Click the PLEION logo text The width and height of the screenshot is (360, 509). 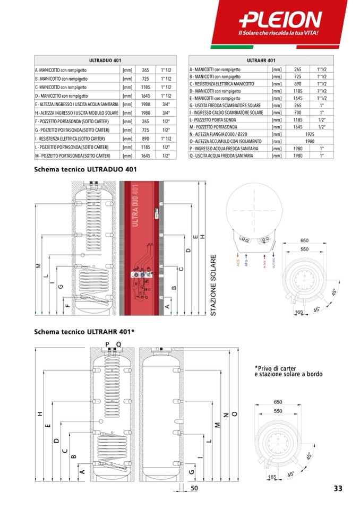coord(281,20)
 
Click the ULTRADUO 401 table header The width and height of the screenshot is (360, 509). coord(105,61)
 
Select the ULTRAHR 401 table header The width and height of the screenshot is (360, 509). coord(261,61)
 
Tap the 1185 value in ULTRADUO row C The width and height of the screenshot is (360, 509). coord(145,87)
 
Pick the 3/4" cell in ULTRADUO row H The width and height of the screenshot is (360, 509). coord(165,113)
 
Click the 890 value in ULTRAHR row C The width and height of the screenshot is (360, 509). coord(297,84)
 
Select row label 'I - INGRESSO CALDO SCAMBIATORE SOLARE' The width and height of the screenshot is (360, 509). coord(227,113)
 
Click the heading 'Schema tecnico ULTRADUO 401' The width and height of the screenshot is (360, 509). coord(85,170)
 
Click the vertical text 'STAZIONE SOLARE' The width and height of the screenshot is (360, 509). coord(213,286)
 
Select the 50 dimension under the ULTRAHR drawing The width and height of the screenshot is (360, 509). coord(194,488)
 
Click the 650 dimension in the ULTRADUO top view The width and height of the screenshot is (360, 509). coord(304,240)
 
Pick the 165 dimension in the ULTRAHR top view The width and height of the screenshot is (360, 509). coord(272,477)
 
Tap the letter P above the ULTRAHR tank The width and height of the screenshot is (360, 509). coord(107,344)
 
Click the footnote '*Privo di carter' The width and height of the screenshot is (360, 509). coord(275,368)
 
